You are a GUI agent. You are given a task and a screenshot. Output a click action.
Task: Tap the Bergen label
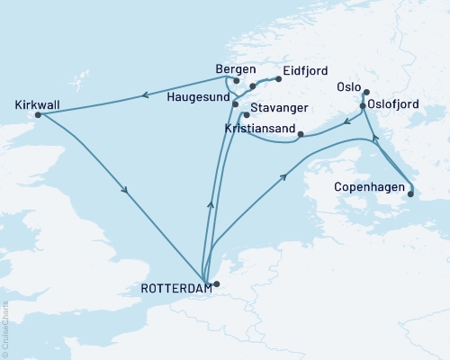[236, 68]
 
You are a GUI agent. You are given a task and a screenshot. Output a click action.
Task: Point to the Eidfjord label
[305, 69]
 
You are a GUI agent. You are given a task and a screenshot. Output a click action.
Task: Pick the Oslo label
[348, 87]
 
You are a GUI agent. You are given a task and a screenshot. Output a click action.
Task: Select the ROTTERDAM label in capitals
[176, 288]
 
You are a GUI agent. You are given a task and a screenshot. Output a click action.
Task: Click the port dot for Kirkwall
[37, 115]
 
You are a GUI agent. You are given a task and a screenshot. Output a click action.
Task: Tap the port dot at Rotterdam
[215, 284]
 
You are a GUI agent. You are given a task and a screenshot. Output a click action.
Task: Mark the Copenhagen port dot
[409, 192]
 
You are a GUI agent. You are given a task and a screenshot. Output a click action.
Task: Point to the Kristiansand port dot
[301, 135]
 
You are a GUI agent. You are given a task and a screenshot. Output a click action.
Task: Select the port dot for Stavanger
[245, 115]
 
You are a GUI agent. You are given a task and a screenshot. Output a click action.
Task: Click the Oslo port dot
[364, 92]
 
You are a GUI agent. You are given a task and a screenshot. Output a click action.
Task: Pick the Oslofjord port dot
[363, 105]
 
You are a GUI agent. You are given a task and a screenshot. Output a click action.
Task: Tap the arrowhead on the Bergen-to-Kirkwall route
[142, 94]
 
